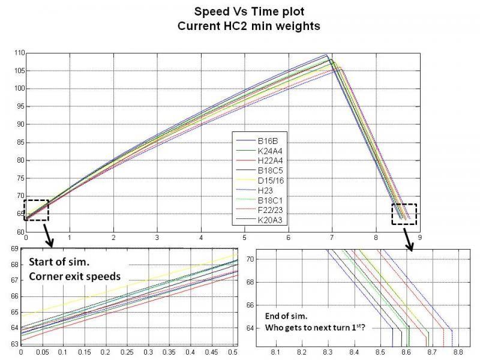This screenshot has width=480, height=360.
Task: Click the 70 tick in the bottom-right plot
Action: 251,259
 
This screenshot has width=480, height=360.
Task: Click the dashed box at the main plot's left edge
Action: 36,210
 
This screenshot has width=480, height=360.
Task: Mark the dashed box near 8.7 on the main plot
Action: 403,214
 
